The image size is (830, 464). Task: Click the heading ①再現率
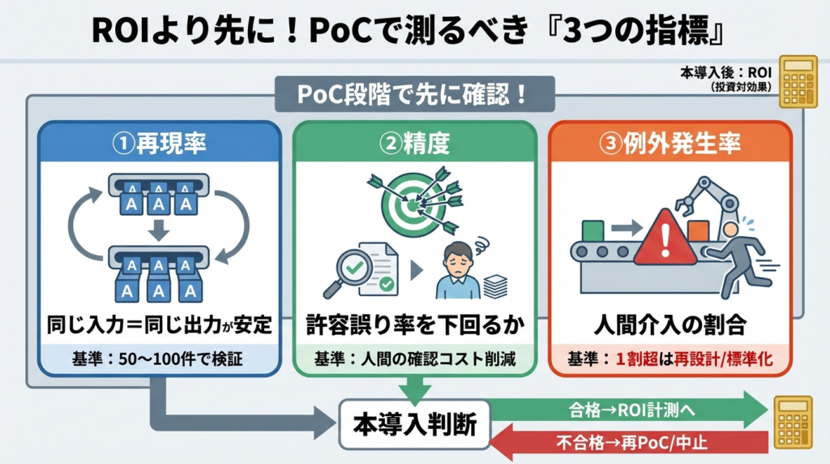pyautogui.click(x=159, y=143)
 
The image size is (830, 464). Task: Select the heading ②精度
pyautogui.click(x=414, y=143)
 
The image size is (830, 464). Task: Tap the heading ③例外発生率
pyautogui.click(x=670, y=143)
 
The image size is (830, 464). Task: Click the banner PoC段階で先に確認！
pyautogui.click(x=414, y=94)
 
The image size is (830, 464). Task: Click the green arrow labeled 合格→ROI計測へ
pyautogui.click(x=629, y=410)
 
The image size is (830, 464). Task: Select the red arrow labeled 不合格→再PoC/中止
pyautogui.click(x=629, y=442)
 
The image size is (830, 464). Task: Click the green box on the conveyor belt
pyautogui.click(x=593, y=231)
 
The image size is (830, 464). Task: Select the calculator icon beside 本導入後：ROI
pyautogui.click(x=798, y=82)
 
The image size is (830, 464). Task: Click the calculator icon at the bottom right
pyautogui.click(x=793, y=422)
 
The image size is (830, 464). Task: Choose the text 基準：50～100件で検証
pyautogui.click(x=157, y=359)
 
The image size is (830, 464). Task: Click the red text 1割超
pyautogui.click(x=637, y=359)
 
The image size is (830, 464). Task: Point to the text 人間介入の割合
pyautogui.click(x=670, y=324)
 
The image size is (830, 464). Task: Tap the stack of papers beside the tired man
pyautogui.click(x=495, y=286)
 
